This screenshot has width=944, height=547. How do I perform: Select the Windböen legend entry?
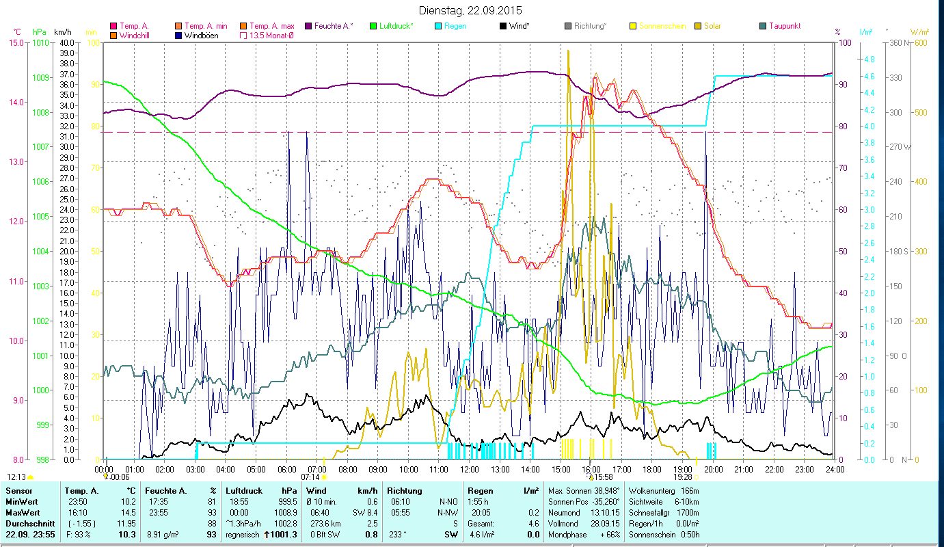pyautogui.click(x=202, y=35)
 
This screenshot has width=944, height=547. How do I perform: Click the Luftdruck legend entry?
pyautogui.click(x=396, y=26)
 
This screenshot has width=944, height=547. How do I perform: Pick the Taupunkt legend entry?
pyautogui.click(x=784, y=26)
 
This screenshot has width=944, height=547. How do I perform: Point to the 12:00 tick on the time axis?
pyautogui.click(x=470, y=469)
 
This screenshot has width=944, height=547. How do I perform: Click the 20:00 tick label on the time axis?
pyautogui.click(x=714, y=469)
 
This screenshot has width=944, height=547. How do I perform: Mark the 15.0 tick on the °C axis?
pyautogui.click(x=16, y=42)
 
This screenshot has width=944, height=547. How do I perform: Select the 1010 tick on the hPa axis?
pyautogui.click(x=40, y=42)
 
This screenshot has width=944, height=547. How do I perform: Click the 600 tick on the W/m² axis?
pyautogui.click(x=920, y=42)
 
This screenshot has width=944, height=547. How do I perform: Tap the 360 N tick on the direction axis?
pyautogui.click(x=896, y=42)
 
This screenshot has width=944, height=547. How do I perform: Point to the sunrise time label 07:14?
pyautogui.click(x=310, y=477)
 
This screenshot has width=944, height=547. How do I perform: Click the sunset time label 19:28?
pyautogui.click(x=683, y=477)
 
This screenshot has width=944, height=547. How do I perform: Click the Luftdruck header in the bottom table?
pyautogui.click(x=241, y=491)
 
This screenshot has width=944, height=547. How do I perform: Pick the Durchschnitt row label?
pyautogui.click(x=29, y=523)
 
